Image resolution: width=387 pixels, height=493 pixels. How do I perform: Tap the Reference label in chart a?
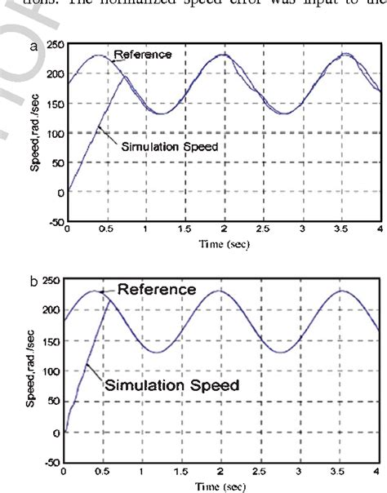[143, 54]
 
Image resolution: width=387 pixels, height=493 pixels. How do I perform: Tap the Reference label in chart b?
[156, 289]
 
